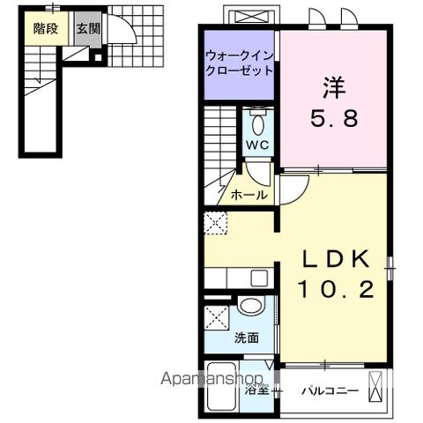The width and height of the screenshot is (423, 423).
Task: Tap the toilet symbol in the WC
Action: [257, 121]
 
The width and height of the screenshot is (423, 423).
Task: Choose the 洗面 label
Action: [248, 338]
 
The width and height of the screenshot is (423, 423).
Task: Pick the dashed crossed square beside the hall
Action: [215, 223]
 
